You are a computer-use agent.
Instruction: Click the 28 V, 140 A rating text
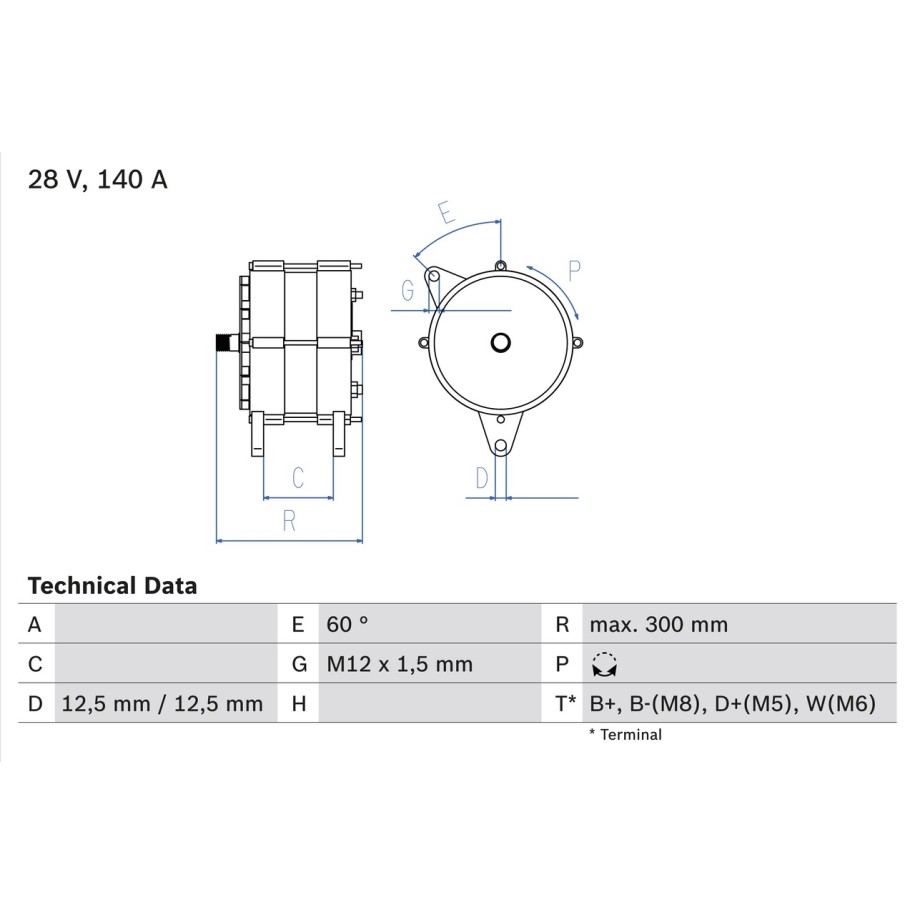coord(98,179)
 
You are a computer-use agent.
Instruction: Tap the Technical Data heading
coord(113,585)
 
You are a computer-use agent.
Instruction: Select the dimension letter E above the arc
coord(446,212)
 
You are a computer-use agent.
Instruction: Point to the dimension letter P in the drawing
coord(574,271)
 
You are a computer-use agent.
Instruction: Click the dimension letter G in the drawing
coord(408,290)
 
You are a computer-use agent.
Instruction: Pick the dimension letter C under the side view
coord(298,477)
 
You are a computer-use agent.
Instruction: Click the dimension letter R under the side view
coord(289,521)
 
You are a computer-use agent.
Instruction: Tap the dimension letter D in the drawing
coord(481,478)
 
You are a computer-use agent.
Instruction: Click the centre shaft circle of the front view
coord(501,343)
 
